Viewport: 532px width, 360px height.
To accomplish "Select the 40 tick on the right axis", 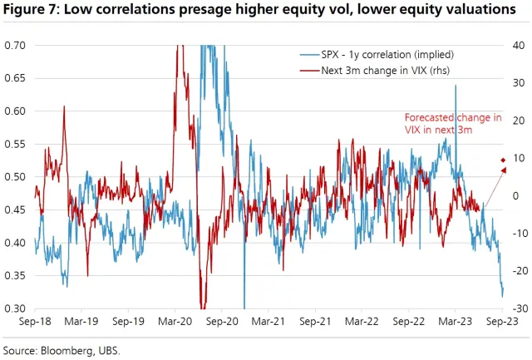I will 517,45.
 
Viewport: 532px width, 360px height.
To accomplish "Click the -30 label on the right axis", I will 515,308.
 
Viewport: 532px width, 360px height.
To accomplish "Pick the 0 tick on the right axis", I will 515,195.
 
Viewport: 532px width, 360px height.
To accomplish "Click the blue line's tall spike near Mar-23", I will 456,86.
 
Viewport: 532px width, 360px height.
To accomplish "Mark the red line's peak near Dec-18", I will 64,107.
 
